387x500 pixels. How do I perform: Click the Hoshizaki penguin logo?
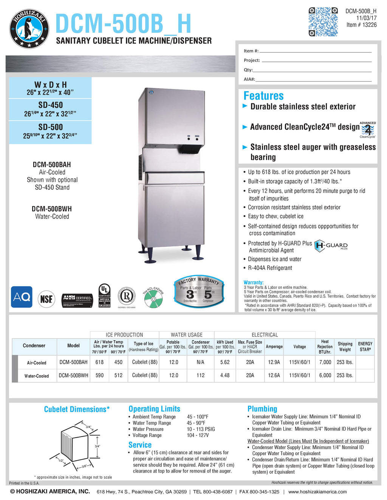29,29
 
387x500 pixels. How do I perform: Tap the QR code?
323,22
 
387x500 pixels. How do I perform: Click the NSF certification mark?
46,299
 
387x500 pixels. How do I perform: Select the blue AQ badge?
22,297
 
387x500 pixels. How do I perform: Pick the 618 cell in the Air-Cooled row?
99,362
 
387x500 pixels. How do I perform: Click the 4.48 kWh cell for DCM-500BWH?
225,375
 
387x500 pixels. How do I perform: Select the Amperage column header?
274,346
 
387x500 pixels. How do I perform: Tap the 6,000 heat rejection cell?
325,375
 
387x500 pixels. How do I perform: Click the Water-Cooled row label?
37,376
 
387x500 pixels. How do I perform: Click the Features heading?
263,96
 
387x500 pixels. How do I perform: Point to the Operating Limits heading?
154,409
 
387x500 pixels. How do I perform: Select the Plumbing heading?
262,409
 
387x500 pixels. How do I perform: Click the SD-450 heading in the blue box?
51,105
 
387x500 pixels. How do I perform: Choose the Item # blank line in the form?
315,51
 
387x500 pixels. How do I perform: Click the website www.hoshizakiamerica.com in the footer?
317,492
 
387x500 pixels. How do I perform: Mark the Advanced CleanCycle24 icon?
367,130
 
